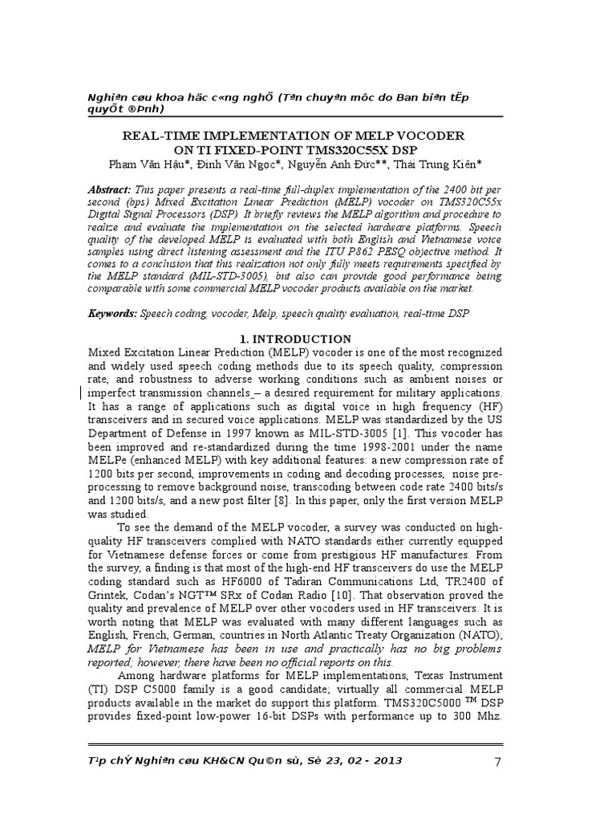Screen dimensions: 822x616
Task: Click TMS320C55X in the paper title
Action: [x=334, y=150]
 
